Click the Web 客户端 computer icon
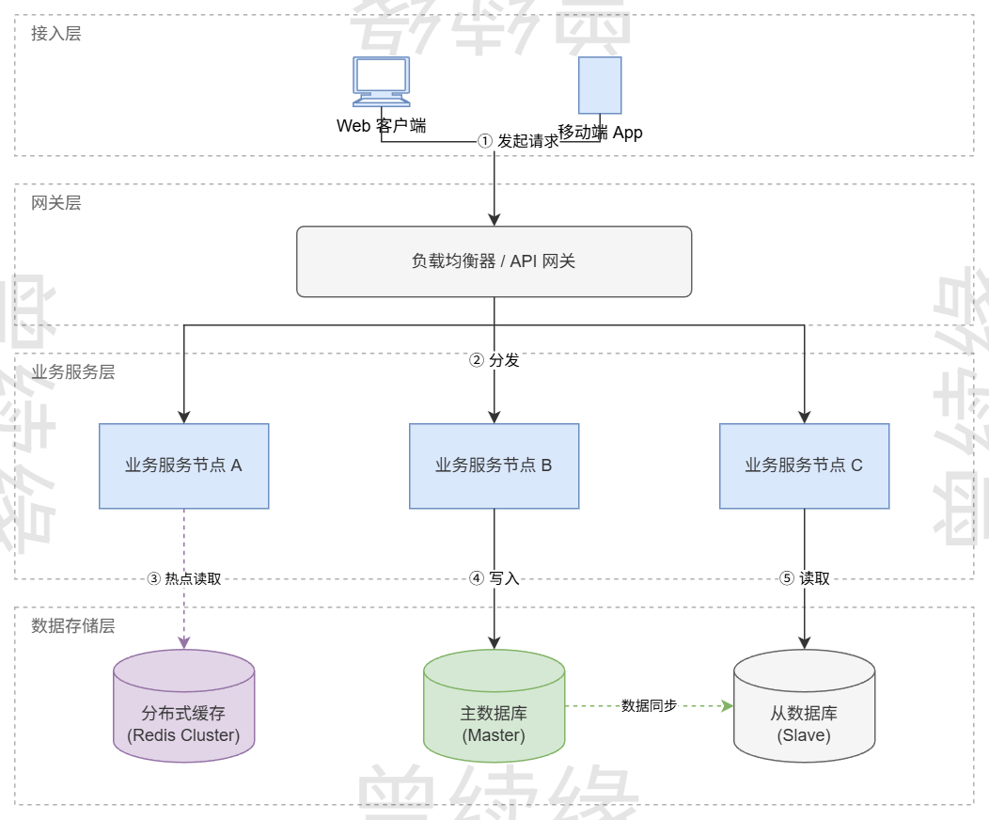pos(381,81)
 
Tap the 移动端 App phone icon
pos(600,86)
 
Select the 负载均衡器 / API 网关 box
pos(494,261)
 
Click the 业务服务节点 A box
pos(184,465)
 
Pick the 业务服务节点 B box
pos(494,465)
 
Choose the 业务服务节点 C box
pos(804,465)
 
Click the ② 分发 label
pos(494,360)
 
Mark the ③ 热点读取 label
pos(184,578)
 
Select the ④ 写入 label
pos(494,578)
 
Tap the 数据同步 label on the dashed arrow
pos(649,705)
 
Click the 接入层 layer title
pos(56,34)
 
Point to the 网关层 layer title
pos(56,203)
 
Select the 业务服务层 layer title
pos(73,372)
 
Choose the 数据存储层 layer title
pos(73,626)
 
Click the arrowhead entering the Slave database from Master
pos(727,705)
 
